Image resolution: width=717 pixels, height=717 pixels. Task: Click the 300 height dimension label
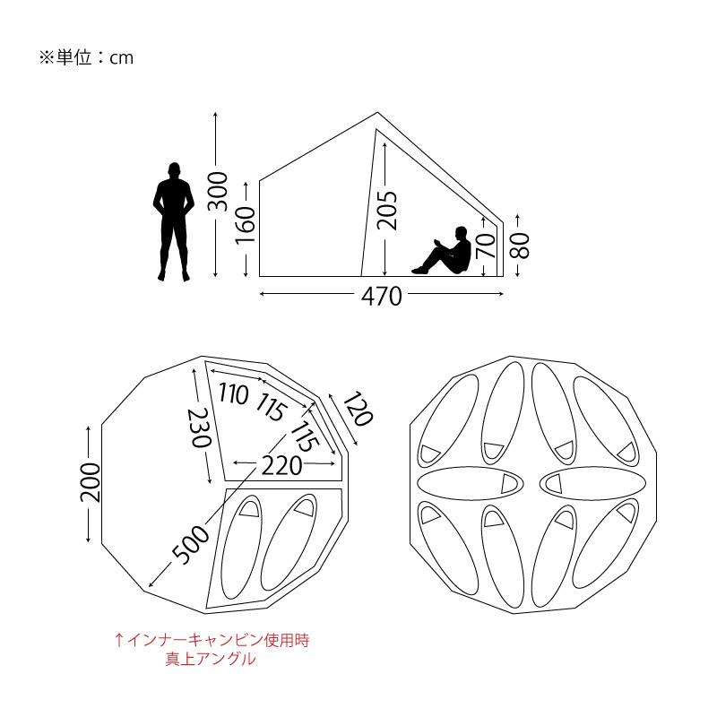tap(217, 192)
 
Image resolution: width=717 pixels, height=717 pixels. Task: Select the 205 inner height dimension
tap(387, 211)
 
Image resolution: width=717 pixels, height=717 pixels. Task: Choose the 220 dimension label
tap(281, 465)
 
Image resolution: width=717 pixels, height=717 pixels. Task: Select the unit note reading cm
tap(84, 57)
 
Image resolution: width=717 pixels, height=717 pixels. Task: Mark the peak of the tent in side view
tap(377, 113)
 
